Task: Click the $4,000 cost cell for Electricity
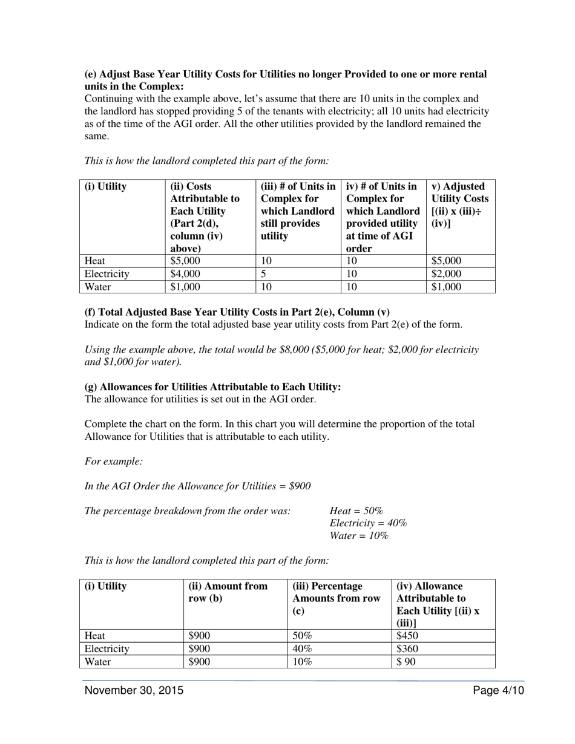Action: click(185, 274)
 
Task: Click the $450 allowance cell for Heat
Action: click(407, 636)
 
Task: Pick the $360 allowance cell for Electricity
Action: click(407, 648)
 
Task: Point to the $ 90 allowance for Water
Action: click(406, 662)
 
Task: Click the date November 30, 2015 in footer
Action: click(134, 691)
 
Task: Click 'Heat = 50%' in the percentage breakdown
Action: click(356, 511)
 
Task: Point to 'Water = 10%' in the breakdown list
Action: click(359, 536)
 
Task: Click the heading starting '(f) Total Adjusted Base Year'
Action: click(237, 312)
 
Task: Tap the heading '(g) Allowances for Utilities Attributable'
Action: click(212, 387)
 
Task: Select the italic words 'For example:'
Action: click(114, 462)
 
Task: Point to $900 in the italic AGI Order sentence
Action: click(300, 486)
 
